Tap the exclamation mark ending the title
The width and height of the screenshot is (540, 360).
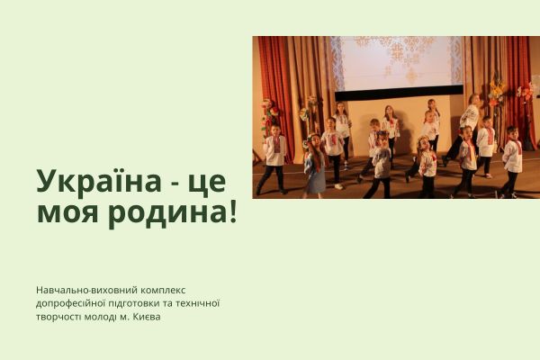[x=232, y=213]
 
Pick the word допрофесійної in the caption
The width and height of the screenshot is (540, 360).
[x=73, y=303]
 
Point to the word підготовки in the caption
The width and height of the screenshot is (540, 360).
[x=143, y=303]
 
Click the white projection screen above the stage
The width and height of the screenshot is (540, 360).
[x=397, y=61]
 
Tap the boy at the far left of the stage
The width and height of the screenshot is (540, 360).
[x=274, y=157]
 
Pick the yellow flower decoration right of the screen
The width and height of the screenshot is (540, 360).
[x=497, y=90]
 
